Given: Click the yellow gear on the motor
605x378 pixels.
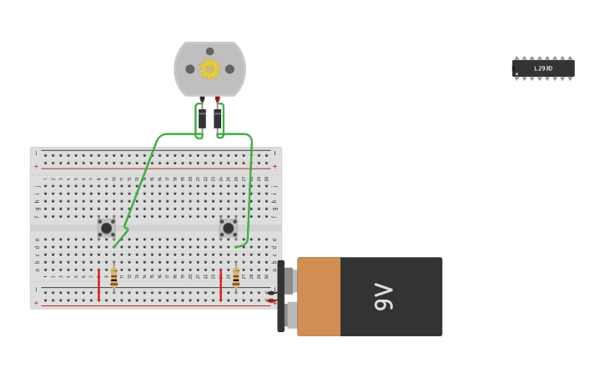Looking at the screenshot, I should [x=209, y=69].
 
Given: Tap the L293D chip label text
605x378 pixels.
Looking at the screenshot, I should [x=543, y=68].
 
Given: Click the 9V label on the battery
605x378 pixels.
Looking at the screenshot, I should [x=383, y=296].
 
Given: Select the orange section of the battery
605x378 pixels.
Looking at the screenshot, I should [x=319, y=296].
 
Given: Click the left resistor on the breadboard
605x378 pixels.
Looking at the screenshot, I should [x=114, y=278].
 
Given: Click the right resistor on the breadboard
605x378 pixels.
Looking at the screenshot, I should [x=236, y=277].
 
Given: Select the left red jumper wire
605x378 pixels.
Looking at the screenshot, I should [x=98, y=285].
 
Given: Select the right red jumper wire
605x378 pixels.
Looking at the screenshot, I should [x=220, y=285].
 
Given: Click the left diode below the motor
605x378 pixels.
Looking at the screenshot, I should [x=202, y=118].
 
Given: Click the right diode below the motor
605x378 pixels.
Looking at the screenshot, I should [x=218, y=118].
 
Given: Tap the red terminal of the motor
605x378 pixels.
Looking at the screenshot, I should [x=218, y=99].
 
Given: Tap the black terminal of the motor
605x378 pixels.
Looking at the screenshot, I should [x=202, y=99].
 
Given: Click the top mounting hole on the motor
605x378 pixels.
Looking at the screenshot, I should [x=209, y=52].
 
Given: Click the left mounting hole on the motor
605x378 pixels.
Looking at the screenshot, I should [x=190, y=69].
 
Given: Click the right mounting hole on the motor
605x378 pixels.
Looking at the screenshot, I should [x=229, y=69].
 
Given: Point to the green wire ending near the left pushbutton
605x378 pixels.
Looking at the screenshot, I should [x=115, y=245].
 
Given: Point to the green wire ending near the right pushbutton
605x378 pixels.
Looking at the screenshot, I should [x=238, y=246].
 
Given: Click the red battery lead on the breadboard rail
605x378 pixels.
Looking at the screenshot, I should [x=271, y=300].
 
